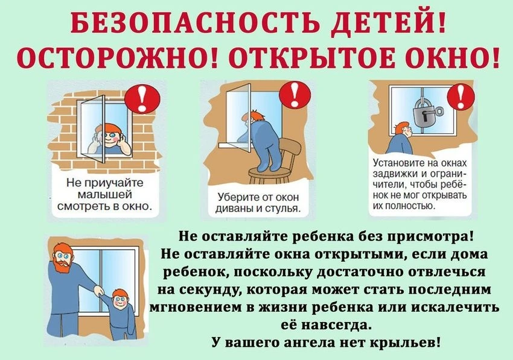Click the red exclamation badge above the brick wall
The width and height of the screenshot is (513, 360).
tap(142, 98)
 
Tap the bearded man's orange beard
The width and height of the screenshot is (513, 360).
tap(62, 265)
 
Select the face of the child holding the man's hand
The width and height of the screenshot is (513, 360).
tap(119, 300)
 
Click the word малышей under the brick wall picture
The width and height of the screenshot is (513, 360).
tap(105, 195)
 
